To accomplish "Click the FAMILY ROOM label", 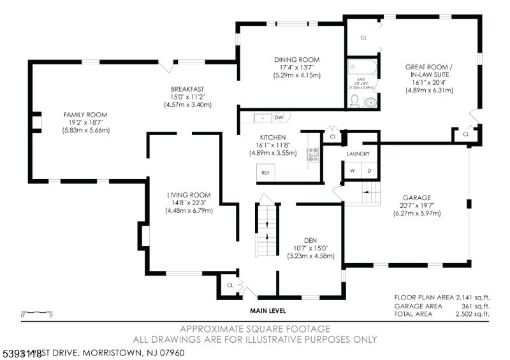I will click(x=85, y=115).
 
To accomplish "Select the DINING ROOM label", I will click(x=293, y=60).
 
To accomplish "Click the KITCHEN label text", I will click(x=272, y=137).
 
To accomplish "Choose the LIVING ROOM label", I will click(x=189, y=195).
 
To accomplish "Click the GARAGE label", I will click(x=416, y=198).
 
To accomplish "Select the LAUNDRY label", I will click(x=358, y=154).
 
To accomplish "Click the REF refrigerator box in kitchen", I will click(x=264, y=172).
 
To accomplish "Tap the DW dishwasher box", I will click(x=279, y=117).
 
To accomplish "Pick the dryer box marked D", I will click(x=368, y=171).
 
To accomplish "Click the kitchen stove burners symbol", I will click(x=313, y=155).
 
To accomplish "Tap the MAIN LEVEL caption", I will click(x=267, y=311).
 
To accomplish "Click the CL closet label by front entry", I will click(x=230, y=285).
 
